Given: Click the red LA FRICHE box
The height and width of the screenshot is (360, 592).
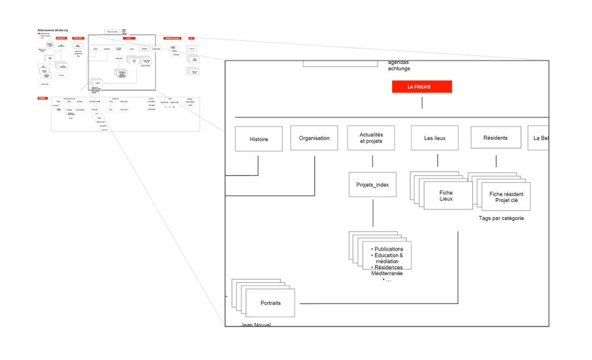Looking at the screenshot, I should [422, 86].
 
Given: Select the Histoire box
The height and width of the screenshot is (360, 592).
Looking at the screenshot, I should [259, 139].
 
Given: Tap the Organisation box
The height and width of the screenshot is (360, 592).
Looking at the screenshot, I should [314, 138].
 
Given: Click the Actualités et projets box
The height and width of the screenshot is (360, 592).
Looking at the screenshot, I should [372, 138].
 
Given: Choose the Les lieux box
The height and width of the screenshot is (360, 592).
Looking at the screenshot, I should [435, 138].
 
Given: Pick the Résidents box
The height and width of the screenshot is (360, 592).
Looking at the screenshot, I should [495, 138].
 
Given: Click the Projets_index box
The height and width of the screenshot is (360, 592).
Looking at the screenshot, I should [372, 185].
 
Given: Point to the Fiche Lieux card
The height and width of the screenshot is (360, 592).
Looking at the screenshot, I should [447, 195].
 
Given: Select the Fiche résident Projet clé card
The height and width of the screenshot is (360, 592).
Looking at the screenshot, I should [506, 196].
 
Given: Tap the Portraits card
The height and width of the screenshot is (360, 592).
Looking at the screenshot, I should [270, 303].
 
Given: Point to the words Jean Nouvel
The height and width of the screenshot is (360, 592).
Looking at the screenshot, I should [257, 324].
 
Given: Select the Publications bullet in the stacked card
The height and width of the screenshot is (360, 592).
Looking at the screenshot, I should [388, 249].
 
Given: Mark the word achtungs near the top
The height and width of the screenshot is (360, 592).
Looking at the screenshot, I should [399, 68].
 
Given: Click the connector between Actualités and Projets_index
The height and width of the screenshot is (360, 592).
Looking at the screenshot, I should [372, 161].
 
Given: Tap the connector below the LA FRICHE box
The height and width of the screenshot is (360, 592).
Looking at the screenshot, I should [422, 102].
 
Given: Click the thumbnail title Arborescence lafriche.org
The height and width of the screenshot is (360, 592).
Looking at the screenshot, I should [53, 30].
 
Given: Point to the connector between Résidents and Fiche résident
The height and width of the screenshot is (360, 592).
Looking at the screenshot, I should [496, 161].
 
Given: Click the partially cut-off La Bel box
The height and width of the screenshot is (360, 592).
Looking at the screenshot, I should [539, 138].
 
